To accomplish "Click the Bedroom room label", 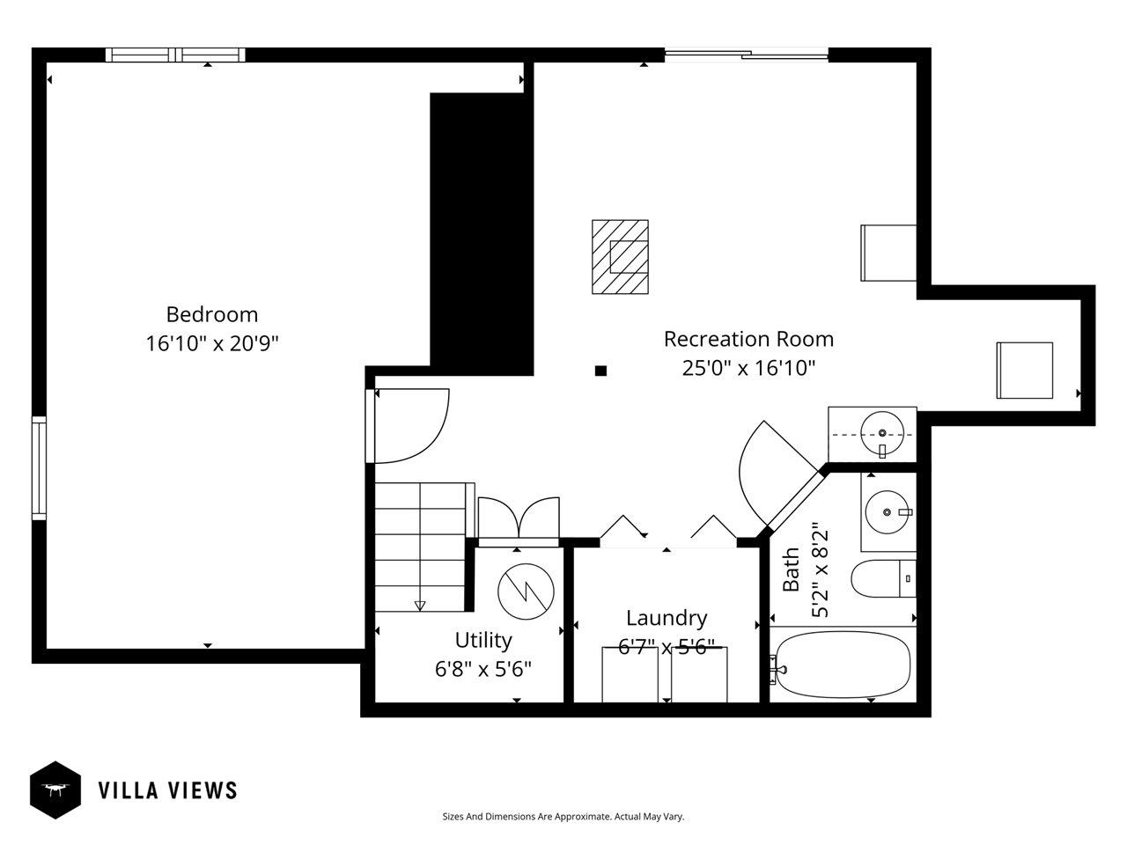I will (212, 314).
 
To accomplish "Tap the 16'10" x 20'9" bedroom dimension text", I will (212, 343).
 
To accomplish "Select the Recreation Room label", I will (748, 339).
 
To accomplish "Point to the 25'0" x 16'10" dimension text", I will (748, 368).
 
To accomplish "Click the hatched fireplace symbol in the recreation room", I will (620, 256).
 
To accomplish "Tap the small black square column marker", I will (600, 371).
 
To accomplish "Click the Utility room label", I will (483, 640).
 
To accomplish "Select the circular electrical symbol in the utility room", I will (526, 590).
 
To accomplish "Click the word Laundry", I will (667, 618).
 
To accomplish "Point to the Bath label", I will (792, 569).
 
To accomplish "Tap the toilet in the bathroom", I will (883, 579).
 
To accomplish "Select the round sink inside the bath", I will (887, 510).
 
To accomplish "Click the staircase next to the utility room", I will (420, 546).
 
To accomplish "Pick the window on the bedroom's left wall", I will (39, 467).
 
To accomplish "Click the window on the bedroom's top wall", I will (175, 55).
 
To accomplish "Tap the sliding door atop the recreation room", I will (747, 55).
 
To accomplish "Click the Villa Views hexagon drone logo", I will (55, 790).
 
